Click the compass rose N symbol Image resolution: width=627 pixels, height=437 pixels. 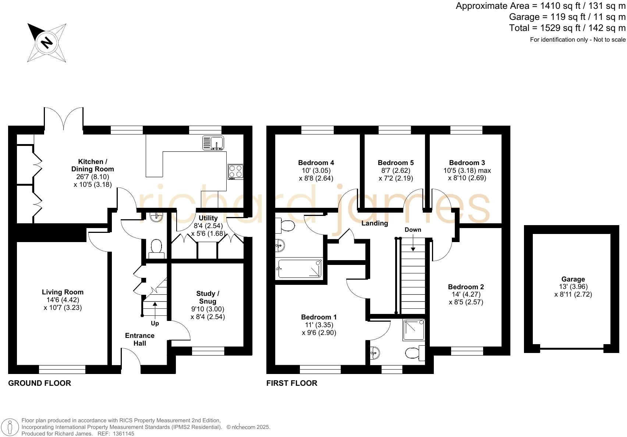pyautogui.click(x=47, y=42)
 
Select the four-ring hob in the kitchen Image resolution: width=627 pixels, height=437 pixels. pyautogui.click(x=236, y=171)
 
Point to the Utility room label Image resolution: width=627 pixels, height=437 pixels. pyautogui.click(x=208, y=218)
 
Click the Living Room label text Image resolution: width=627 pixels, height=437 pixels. pyautogui.click(x=63, y=292)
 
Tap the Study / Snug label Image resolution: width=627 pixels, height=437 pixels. pyautogui.click(x=208, y=297)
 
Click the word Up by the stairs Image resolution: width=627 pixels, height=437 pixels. pyautogui.click(x=155, y=324)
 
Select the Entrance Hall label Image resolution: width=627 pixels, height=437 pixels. pyautogui.click(x=139, y=339)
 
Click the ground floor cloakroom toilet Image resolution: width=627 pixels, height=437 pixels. pyautogui.click(x=157, y=248)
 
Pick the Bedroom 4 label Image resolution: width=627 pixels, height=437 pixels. pyautogui.click(x=316, y=162)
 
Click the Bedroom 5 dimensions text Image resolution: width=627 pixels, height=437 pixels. pyautogui.click(x=396, y=174)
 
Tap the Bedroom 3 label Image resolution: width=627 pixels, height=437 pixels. pyautogui.click(x=467, y=162)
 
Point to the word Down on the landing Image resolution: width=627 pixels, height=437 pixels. pyautogui.click(x=413, y=230)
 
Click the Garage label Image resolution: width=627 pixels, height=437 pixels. pyautogui.click(x=573, y=279)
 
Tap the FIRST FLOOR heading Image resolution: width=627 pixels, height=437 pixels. pyautogui.click(x=292, y=383)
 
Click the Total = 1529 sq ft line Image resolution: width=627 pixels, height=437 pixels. pyautogui.click(x=567, y=28)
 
